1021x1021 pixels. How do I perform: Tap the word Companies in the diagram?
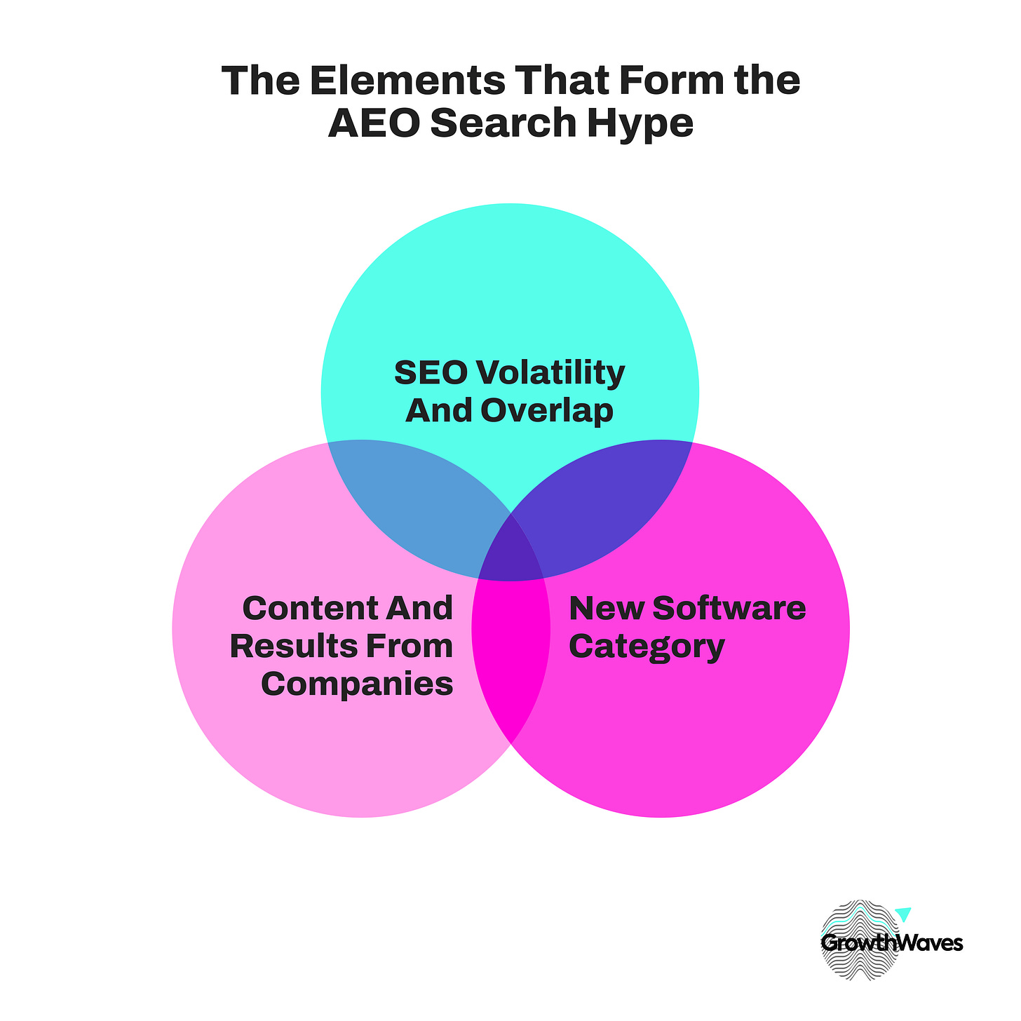[357, 684]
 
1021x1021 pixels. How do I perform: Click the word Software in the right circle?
[729, 608]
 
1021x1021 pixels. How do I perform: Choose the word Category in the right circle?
[647, 646]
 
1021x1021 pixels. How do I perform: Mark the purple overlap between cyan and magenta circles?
[603, 505]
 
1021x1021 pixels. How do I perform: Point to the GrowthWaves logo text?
[891, 943]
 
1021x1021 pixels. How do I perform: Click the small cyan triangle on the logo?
[903, 914]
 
